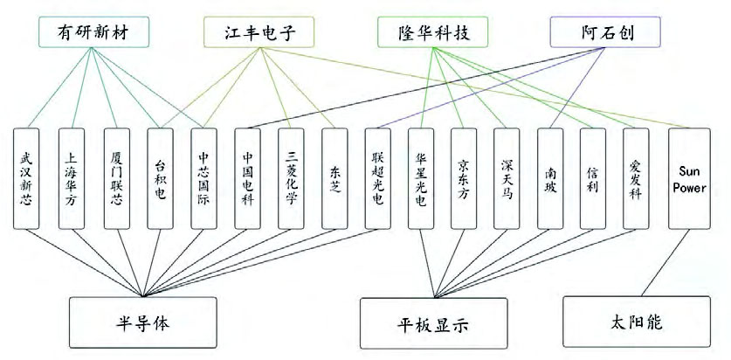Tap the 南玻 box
551,179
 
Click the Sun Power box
684,179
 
